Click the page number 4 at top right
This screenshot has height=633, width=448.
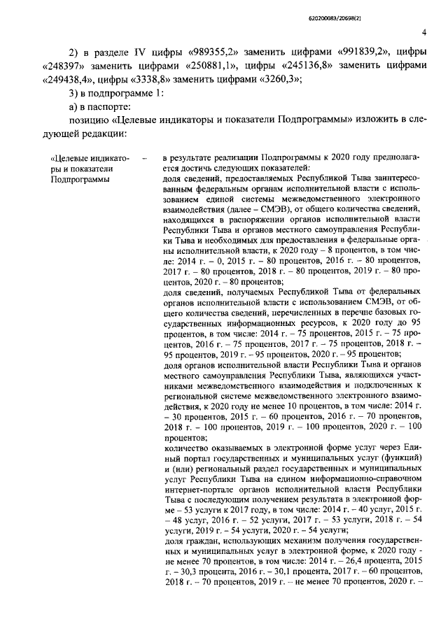[x=424, y=31]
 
